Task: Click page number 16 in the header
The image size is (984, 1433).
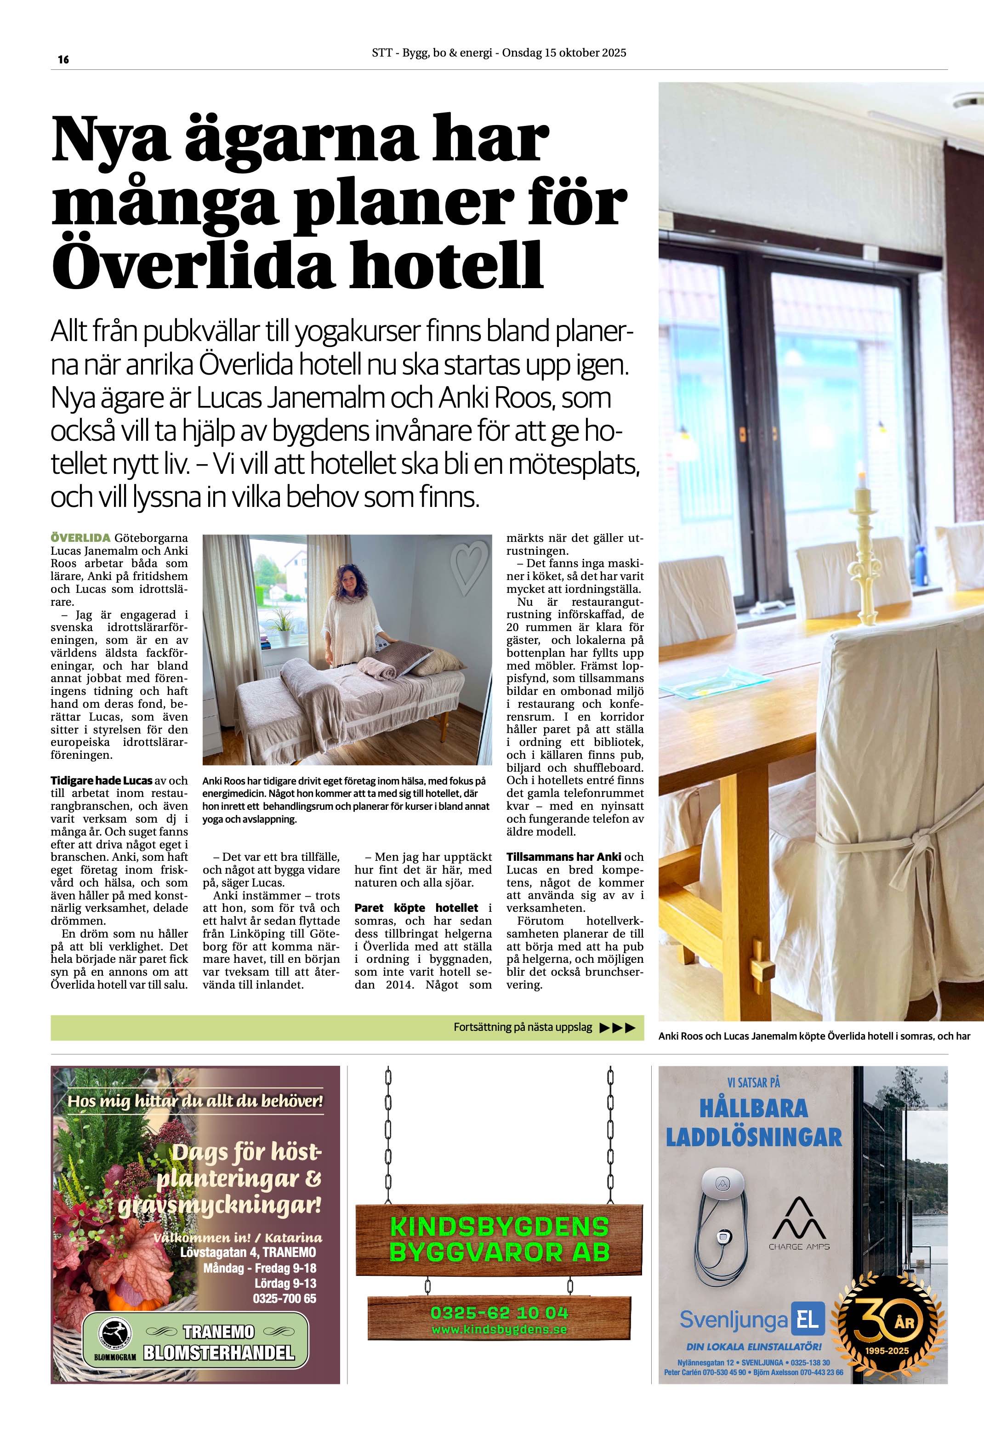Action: (63, 60)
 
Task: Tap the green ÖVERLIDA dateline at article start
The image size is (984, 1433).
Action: (80, 538)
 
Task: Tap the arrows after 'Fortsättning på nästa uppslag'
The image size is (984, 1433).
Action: (616, 1027)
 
